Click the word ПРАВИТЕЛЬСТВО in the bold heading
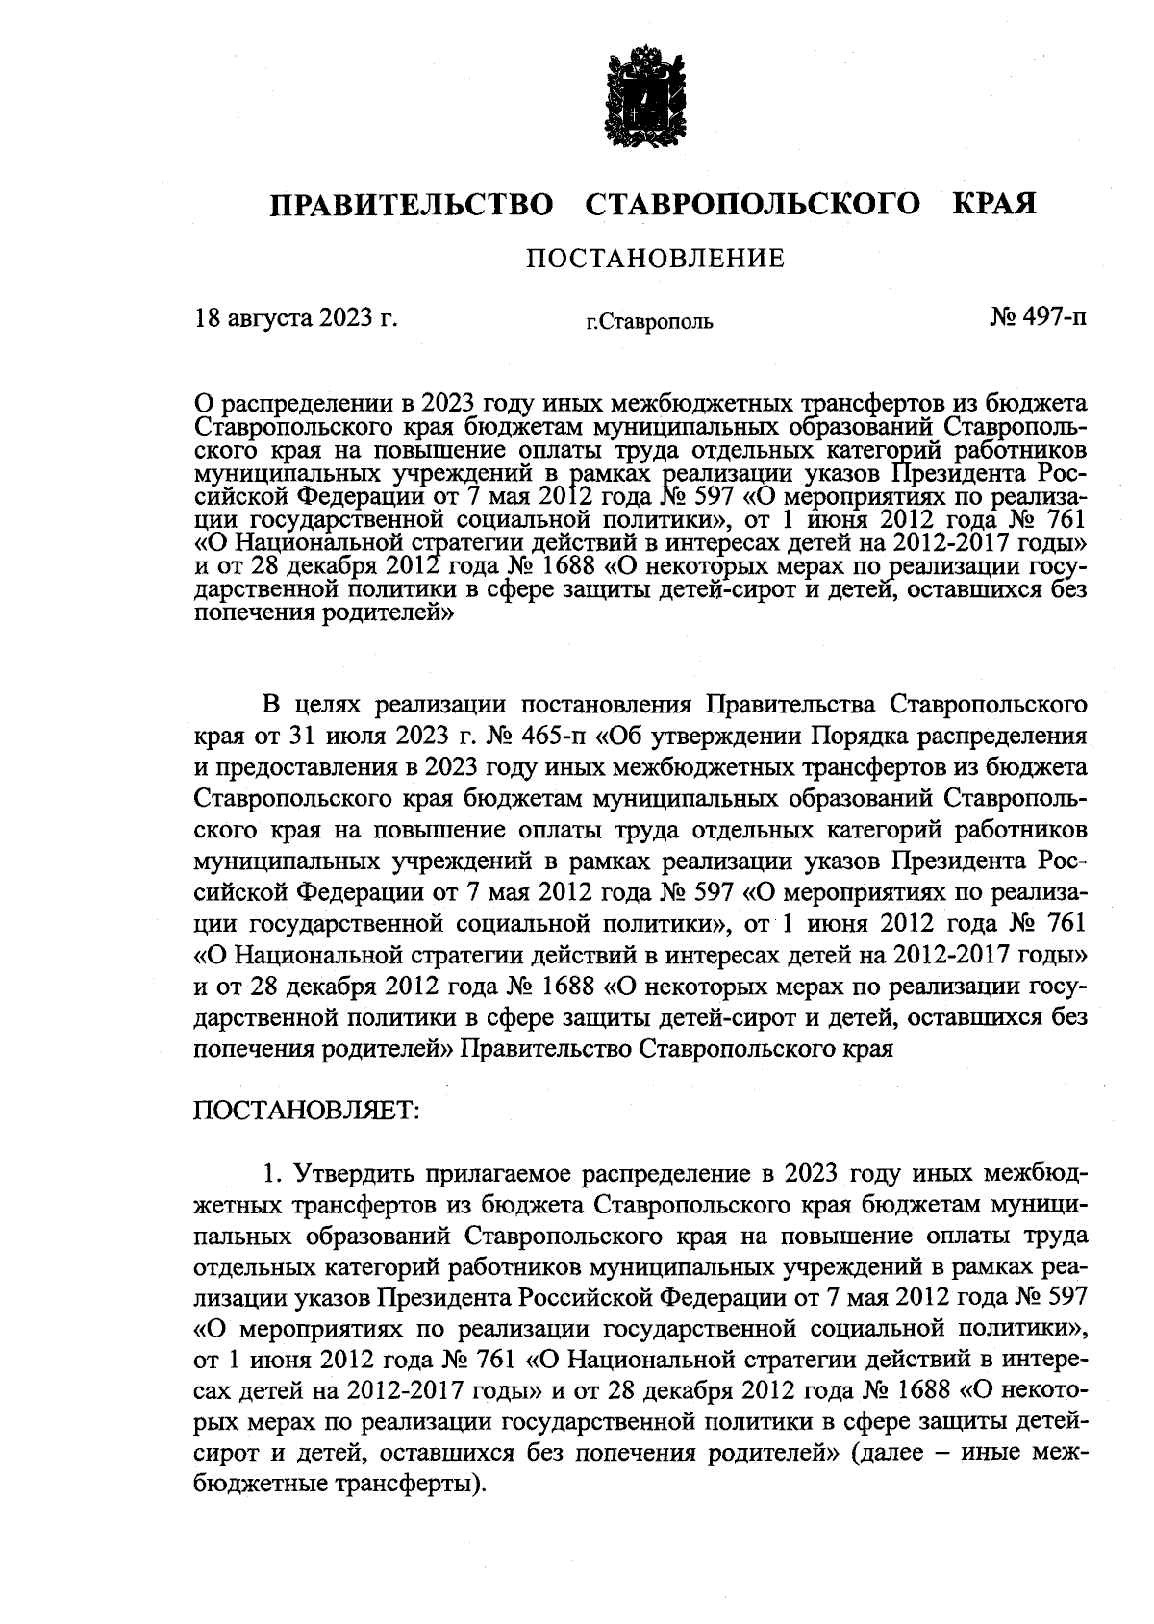pos(412,205)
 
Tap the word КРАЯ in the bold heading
pos(994,205)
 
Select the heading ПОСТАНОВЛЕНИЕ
pos(654,259)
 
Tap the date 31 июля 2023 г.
pos(354,737)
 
